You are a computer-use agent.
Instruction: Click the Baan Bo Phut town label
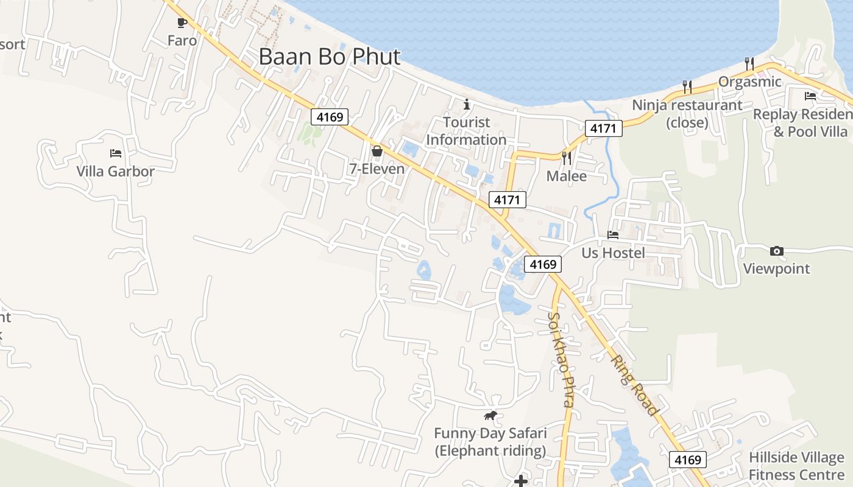coord(330,57)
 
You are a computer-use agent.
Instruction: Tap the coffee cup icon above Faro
coord(182,23)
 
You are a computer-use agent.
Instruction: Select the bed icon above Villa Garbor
coord(116,153)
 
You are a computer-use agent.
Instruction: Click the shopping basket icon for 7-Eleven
coord(377,151)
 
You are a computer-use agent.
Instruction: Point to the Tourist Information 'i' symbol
coord(467,104)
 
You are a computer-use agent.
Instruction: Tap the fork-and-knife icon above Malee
coord(567,158)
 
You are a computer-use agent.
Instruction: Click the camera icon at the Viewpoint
coord(776,251)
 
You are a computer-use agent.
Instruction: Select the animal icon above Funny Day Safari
coord(490,416)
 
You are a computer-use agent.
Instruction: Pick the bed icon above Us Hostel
coord(613,235)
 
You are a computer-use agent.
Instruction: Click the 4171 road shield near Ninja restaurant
coord(604,128)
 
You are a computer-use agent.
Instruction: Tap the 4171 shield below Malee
coord(508,200)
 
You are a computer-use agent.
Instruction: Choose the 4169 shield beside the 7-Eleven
coord(330,116)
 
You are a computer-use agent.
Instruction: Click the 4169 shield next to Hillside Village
coord(688,460)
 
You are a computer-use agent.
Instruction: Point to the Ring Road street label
coord(635,386)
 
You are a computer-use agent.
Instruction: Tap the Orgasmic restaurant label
coord(749,82)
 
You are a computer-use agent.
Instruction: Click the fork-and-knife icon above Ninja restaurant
coord(687,87)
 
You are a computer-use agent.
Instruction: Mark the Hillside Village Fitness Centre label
coord(796,466)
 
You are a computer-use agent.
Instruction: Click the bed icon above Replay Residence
coord(810,96)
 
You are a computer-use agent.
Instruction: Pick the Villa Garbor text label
coord(116,172)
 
